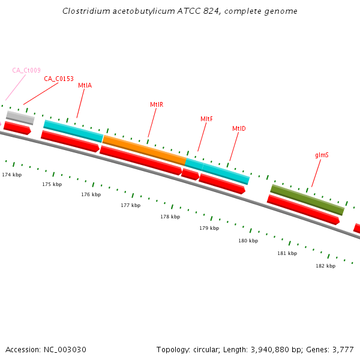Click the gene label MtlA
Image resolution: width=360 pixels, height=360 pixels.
[85, 86]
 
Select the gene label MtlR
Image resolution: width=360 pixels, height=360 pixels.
[157, 104]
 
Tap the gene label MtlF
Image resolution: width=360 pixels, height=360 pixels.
[206, 119]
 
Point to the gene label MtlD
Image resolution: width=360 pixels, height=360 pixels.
[239, 129]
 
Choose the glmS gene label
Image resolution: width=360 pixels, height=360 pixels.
[322, 155]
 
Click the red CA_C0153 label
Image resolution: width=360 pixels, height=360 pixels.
[59, 79]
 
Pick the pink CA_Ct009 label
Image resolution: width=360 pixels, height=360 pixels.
[26, 70]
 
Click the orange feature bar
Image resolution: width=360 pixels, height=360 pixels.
[144, 150]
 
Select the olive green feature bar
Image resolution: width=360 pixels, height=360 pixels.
[307, 200]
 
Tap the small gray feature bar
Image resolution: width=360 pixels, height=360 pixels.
[20, 117]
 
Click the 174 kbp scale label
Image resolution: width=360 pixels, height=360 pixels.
[12, 175]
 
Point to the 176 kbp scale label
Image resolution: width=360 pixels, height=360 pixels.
[91, 194]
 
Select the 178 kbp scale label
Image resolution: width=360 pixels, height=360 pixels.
[170, 217]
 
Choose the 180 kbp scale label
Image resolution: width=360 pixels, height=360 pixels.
[248, 241]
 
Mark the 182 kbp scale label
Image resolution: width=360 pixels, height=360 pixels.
[325, 266]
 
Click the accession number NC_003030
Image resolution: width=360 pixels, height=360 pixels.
[67, 349]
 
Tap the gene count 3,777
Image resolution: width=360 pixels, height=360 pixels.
[342, 349]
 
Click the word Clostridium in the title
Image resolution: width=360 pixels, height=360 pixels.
[84, 11]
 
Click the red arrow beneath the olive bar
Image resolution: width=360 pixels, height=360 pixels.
[303, 209]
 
